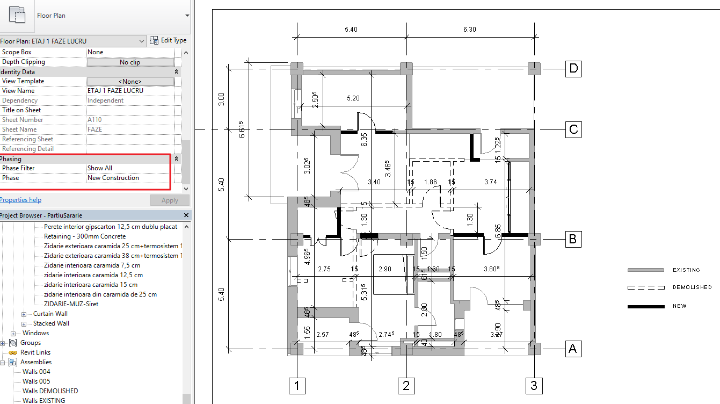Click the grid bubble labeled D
pos(573,69)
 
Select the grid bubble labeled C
pos(573,130)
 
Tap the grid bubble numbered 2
pos(406,385)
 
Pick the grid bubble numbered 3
pos(533,385)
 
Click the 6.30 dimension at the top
pos(469,30)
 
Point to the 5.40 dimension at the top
pos(351,30)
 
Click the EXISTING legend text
pos(686,270)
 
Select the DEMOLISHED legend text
pos(692,287)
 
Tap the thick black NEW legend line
pos(646,307)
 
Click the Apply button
pos(170,200)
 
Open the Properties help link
pos(20,200)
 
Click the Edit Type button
pos(169,40)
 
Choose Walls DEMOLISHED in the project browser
pos(50,391)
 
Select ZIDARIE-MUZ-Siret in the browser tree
pos(71,304)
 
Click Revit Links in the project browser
pos(35,352)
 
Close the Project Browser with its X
pos(186,215)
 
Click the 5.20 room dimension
pos(353,98)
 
